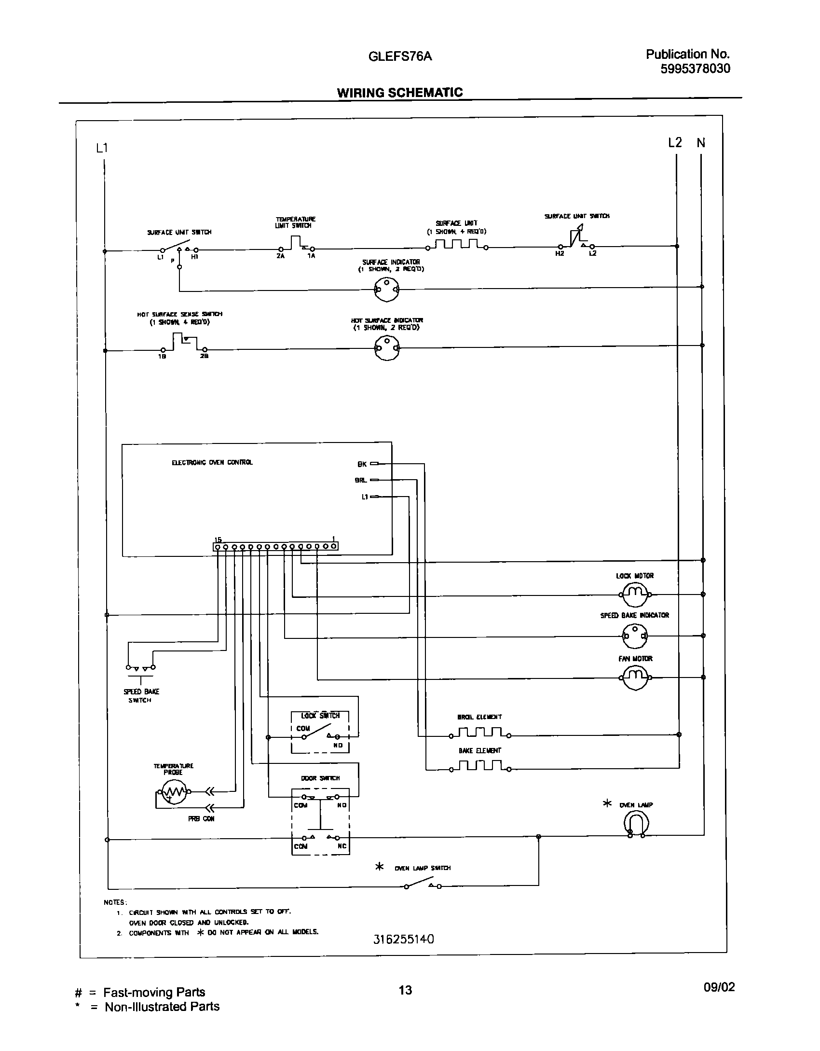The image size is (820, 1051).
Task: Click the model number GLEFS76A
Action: point(400,56)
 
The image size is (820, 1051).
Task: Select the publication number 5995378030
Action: point(695,69)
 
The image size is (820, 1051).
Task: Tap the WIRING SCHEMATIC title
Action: point(399,93)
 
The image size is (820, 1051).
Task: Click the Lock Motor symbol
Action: point(635,594)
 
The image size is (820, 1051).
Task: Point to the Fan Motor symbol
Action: point(635,678)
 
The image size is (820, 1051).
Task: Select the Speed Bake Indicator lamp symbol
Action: point(635,636)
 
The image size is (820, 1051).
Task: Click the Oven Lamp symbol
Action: point(636,822)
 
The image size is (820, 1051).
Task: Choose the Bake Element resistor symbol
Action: point(480,767)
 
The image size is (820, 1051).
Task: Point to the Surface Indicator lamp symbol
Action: point(387,290)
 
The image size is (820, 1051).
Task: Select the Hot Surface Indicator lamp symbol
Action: point(387,348)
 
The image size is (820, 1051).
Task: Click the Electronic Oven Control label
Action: point(212,462)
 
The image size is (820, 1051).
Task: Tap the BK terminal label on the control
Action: point(362,464)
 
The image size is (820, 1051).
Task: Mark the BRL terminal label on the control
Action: point(361,480)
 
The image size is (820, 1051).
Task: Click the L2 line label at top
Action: point(675,143)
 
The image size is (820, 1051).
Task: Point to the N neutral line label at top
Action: point(701,143)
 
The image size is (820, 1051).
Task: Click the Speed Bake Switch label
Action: point(141,696)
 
